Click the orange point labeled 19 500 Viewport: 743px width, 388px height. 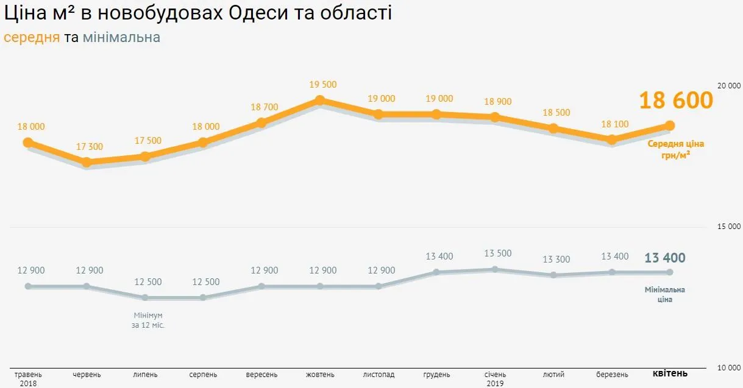tap(319, 101)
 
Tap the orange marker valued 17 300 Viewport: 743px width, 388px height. tap(87, 162)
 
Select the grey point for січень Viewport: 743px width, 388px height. tap(495, 269)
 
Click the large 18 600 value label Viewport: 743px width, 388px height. tap(675, 101)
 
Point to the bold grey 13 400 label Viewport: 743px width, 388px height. tap(665, 258)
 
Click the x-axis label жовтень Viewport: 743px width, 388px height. tap(320, 374)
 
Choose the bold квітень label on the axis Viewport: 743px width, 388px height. tap(670, 373)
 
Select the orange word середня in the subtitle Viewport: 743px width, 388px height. tap(32, 38)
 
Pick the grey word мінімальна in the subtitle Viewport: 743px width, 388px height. tap(121, 38)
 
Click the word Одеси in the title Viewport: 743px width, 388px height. tap(259, 13)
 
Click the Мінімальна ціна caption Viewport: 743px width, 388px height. tap(665, 294)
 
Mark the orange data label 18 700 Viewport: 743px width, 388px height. tap(264, 107)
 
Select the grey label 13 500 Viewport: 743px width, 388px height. tap(497, 253)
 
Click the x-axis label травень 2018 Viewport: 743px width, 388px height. tap(28, 378)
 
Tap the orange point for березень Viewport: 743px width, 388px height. tap(612, 139)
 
